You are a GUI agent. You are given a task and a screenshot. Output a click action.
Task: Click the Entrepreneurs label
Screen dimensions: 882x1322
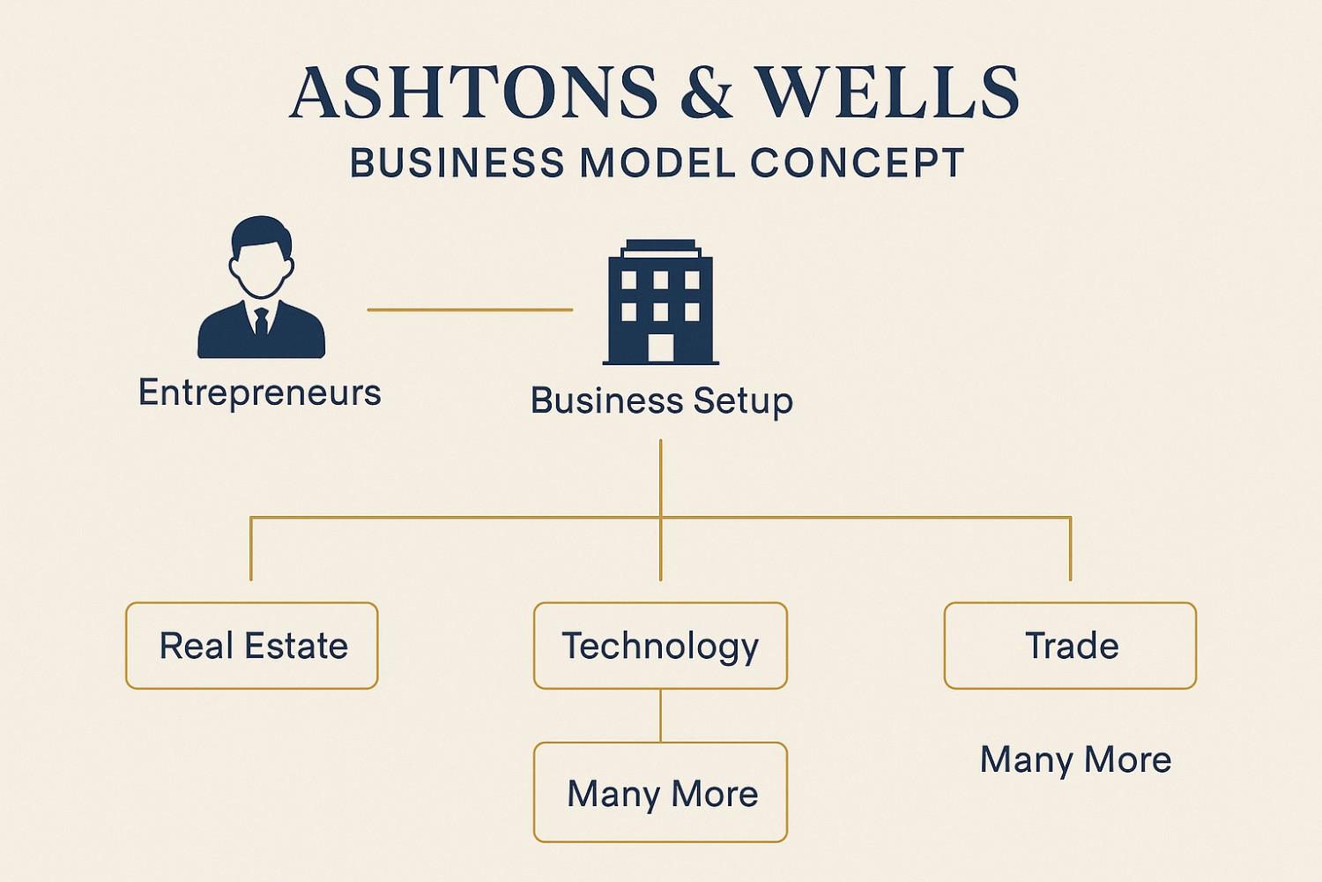click(x=260, y=392)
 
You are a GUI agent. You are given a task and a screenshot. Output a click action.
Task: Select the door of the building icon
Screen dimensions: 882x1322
click(x=661, y=348)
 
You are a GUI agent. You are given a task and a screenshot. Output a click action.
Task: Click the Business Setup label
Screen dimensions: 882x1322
click(x=661, y=401)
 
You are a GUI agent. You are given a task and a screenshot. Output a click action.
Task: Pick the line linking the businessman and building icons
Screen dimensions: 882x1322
click(x=470, y=310)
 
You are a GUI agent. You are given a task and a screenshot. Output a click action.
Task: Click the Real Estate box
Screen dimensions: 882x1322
click(x=252, y=646)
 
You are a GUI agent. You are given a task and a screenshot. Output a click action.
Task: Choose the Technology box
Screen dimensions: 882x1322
click(x=660, y=646)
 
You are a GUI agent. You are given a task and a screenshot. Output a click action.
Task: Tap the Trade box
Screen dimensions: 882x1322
click(x=1070, y=646)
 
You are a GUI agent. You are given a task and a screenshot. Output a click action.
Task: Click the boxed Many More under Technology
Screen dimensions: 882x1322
click(x=660, y=793)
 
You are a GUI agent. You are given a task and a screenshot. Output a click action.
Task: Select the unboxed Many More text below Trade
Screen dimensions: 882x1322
click(x=1075, y=759)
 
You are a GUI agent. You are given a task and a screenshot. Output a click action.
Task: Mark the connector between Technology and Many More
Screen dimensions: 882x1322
click(x=660, y=715)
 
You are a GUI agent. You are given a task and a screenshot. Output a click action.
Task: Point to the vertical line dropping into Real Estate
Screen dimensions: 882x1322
click(x=251, y=549)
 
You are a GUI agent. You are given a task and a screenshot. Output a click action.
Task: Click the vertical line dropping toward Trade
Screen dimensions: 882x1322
click(x=1070, y=549)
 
